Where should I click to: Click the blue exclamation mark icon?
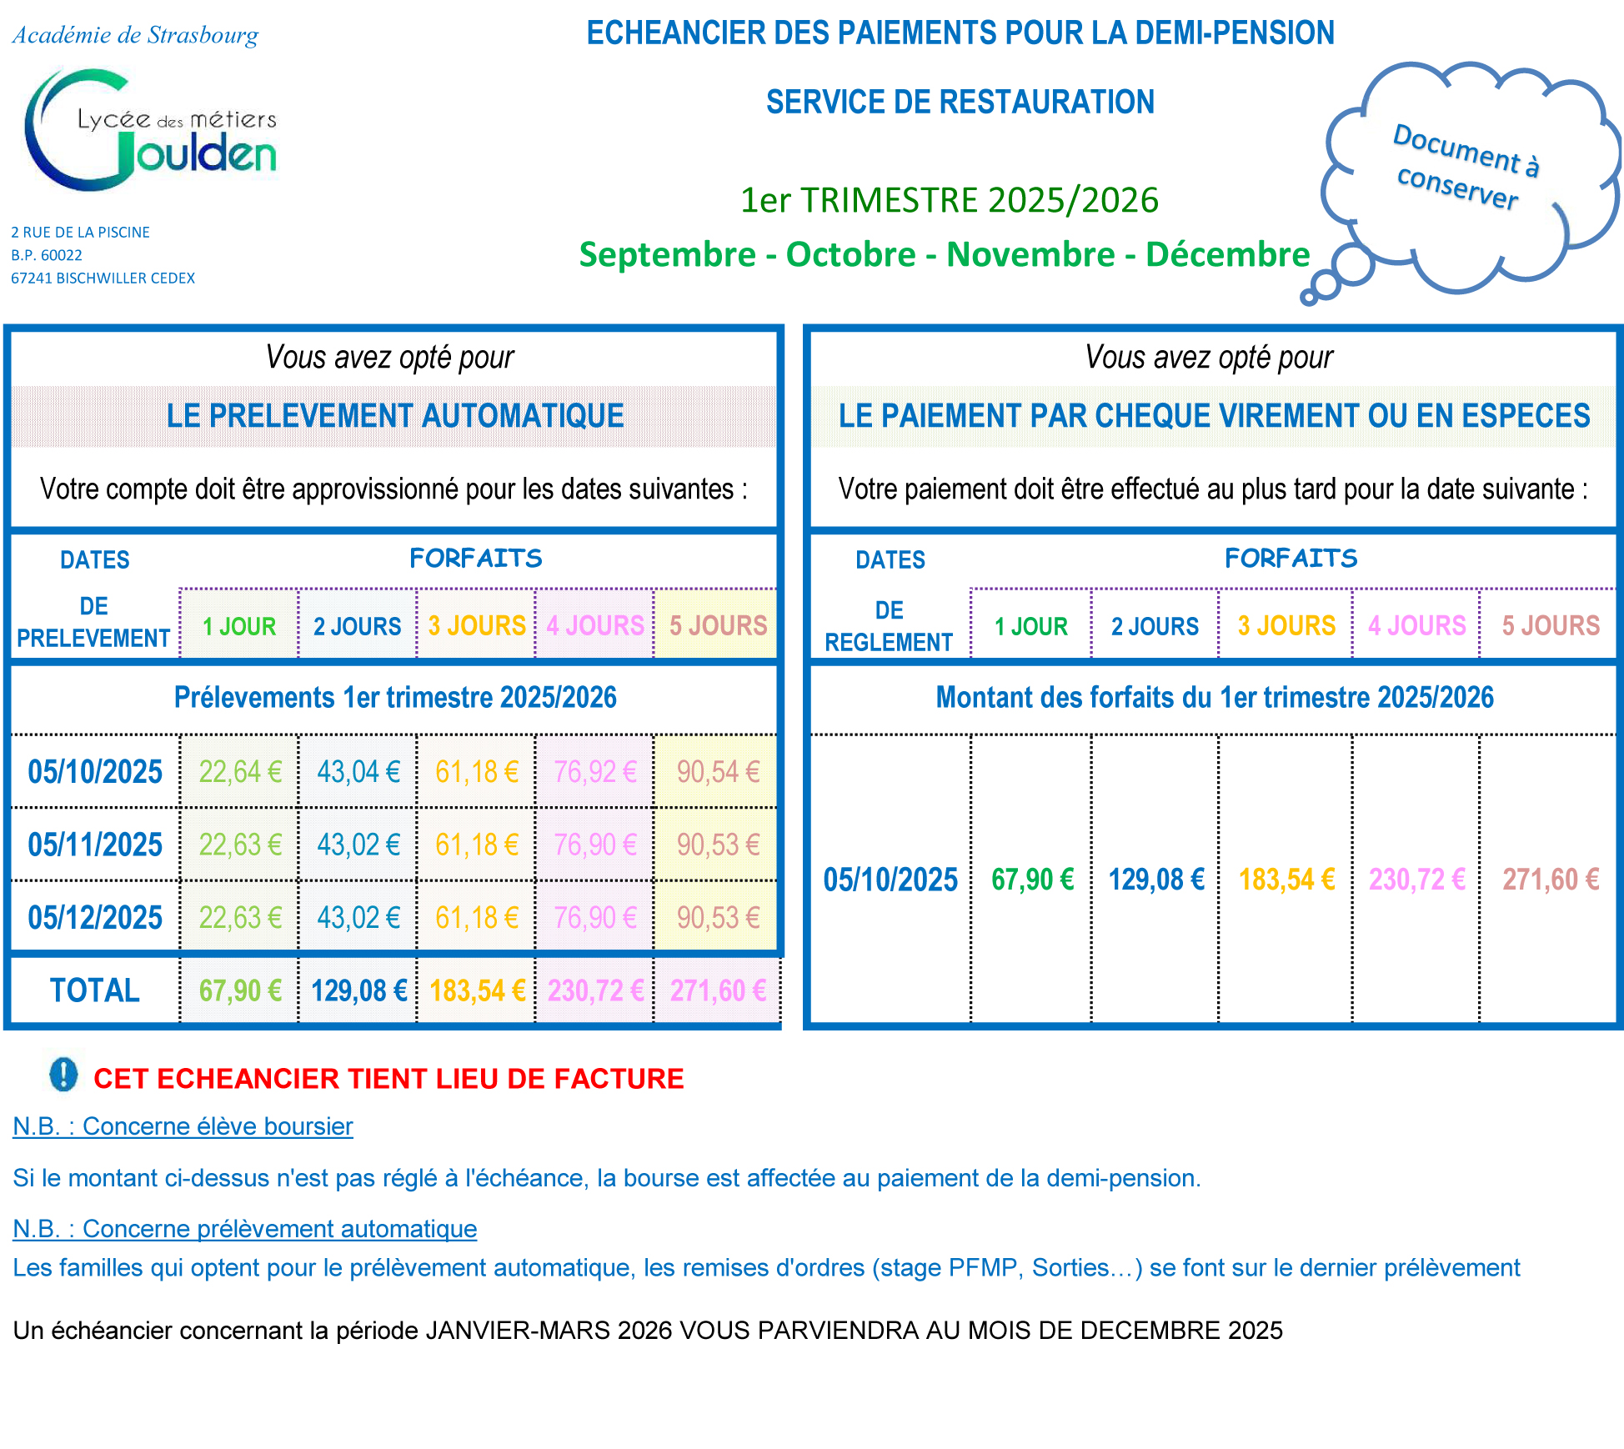(63, 1075)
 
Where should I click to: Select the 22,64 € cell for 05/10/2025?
(240, 772)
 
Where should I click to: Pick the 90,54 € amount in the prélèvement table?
(718, 772)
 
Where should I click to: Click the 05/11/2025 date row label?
(95, 845)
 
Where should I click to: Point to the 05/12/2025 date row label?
(95, 918)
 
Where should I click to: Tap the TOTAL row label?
(95, 990)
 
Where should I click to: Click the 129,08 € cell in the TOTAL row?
(358, 990)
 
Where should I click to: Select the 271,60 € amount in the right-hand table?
(1550, 880)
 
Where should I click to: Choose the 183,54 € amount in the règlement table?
(1286, 880)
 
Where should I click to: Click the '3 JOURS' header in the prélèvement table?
(477, 625)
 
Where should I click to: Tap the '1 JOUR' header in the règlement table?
(1030, 626)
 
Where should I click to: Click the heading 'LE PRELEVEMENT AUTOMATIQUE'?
(395, 415)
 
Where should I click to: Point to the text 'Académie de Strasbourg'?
(135, 35)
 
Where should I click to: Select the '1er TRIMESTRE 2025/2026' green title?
(949, 200)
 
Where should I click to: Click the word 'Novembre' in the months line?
(1030, 254)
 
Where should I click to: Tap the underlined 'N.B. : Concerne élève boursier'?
(183, 1126)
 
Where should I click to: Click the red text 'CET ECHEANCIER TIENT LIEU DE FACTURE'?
(388, 1079)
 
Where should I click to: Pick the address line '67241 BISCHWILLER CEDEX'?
(103, 278)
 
